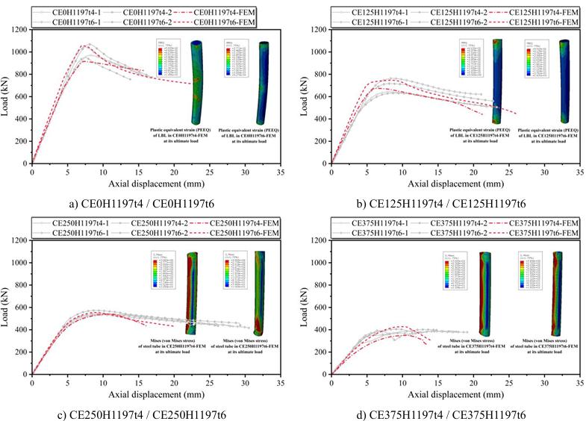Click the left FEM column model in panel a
(x=196, y=82)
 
